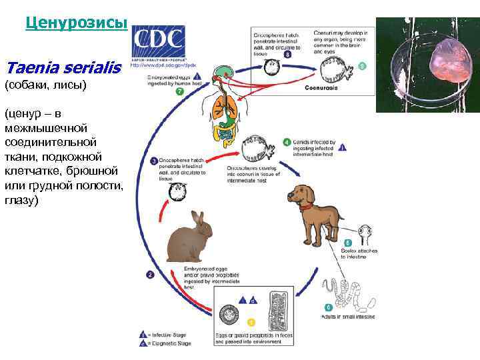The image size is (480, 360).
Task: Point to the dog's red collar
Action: coord(305,207)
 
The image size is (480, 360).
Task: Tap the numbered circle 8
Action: coord(287,55)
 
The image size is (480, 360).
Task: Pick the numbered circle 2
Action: coord(151,274)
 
